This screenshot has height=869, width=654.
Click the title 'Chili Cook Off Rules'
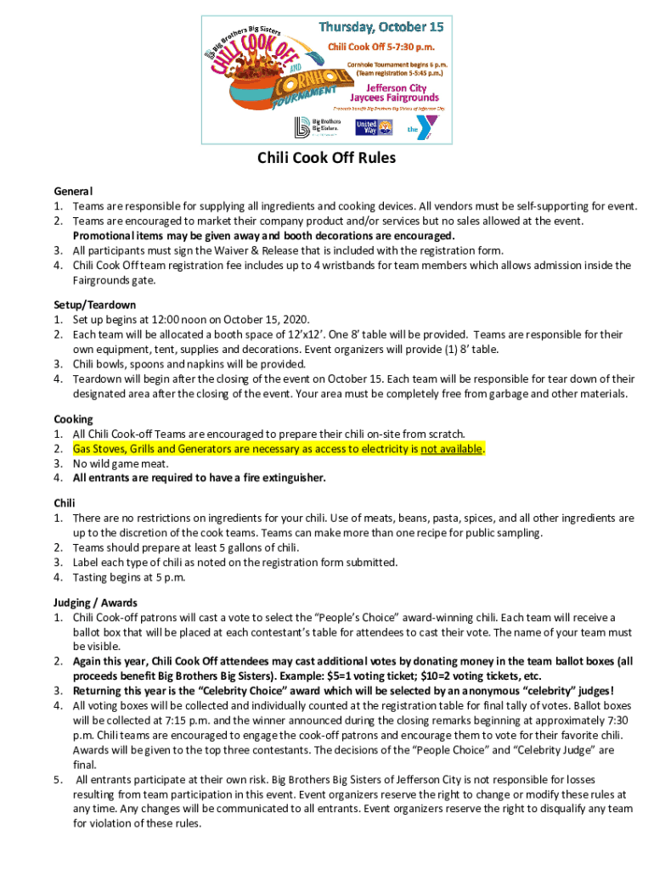[x=327, y=158]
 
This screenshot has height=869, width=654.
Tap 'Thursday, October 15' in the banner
[x=381, y=28]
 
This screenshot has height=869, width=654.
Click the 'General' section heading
[x=74, y=192]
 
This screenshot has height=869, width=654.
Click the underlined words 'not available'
[x=452, y=449]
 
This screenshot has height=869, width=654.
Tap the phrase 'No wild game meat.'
[x=120, y=463]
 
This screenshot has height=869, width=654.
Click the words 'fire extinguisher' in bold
[x=282, y=478]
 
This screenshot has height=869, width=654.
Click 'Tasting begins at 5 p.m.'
[x=129, y=577]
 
